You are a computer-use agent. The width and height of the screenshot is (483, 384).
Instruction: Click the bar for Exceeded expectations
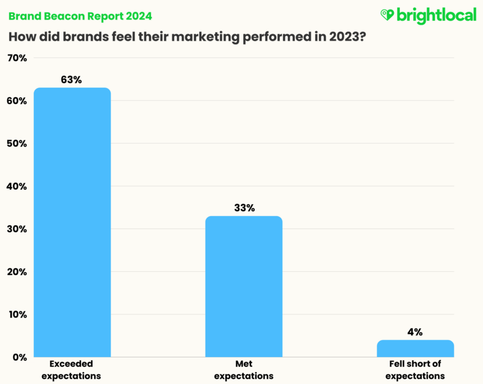72,222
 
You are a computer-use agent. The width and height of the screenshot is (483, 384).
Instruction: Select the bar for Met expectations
244,286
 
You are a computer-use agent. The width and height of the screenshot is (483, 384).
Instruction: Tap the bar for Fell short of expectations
415,349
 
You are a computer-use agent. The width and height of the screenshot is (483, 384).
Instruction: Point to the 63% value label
71,80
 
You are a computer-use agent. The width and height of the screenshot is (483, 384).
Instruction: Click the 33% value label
244,208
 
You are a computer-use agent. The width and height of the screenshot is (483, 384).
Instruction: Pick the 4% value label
415,332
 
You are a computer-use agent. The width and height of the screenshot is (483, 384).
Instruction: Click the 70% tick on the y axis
17,58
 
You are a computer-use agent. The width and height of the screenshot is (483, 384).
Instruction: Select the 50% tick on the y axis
17,143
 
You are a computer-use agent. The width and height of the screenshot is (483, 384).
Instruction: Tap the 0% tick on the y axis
19,357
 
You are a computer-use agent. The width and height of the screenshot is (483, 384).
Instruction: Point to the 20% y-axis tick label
17,272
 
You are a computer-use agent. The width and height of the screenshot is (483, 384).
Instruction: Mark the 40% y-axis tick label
17,186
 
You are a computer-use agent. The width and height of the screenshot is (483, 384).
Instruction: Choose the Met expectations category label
244,369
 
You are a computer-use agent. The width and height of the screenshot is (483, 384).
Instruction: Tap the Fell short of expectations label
415,369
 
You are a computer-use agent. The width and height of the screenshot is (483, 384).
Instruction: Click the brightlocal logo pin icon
387,15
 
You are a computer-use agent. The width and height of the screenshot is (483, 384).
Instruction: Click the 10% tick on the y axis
17,314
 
